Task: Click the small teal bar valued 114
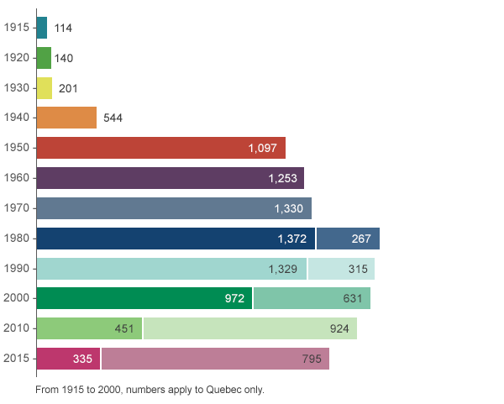(x=42, y=28)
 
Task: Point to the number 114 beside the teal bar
(x=63, y=28)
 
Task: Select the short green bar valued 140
(x=45, y=58)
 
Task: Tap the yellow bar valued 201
(x=45, y=88)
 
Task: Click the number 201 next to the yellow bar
(x=68, y=88)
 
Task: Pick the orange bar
(x=67, y=118)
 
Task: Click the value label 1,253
(x=284, y=178)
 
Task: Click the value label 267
(x=361, y=239)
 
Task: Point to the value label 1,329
(x=283, y=269)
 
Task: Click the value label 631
(x=353, y=298)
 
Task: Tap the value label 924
(x=339, y=328)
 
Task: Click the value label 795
(x=312, y=359)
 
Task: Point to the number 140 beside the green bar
(x=64, y=58)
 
